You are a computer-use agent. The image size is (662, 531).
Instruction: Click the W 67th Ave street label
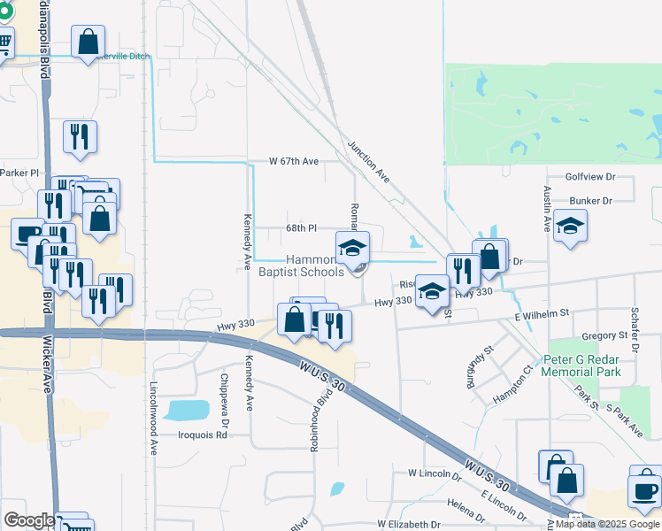click(294, 162)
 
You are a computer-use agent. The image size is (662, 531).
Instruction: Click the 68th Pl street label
click(301, 228)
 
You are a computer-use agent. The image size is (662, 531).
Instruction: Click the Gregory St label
click(604, 336)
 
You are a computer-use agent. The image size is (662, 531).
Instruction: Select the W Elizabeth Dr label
click(408, 525)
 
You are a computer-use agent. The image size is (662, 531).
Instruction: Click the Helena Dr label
click(466, 504)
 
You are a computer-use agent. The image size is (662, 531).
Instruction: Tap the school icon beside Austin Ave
click(571, 226)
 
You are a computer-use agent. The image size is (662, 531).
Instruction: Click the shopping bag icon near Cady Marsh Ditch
click(88, 41)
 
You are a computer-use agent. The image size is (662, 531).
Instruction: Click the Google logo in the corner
click(29, 520)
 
